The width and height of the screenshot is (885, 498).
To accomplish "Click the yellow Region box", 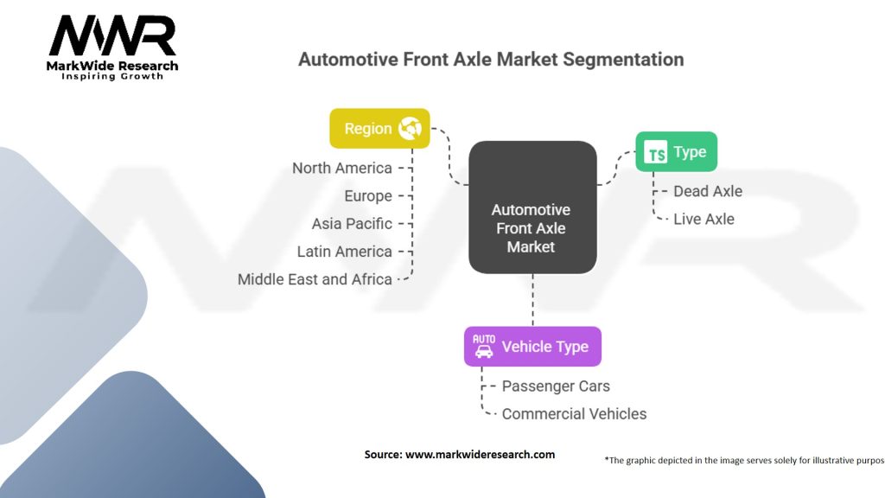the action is click(x=379, y=128).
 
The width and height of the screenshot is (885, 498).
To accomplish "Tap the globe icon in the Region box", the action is click(x=410, y=128).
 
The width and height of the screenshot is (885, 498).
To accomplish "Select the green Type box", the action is click(x=676, y=151).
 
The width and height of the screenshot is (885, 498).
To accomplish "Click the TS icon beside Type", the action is click(x=655, y=152).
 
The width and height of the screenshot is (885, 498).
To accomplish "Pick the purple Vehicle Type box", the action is click(x=532, y=346).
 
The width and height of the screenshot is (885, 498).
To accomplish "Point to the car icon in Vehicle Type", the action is click(x=484, y=346).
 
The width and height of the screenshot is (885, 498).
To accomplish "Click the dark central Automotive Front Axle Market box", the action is click(x=532, y=207).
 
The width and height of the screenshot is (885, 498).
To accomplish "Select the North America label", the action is click(x=342, y=168).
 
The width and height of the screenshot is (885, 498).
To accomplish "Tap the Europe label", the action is click(x=368, y=196).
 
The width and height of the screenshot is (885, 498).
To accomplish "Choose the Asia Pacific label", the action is click(x=352, y=224).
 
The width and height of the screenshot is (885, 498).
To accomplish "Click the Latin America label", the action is click(x=344, y=252).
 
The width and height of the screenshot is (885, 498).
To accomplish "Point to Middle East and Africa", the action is click(x=315, y=279).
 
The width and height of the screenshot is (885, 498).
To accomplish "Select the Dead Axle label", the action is click(x=708, y=191).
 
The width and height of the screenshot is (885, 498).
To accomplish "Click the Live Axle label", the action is click(x=704, y=219).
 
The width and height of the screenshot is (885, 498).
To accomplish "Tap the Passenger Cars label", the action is click(x=556, y=386).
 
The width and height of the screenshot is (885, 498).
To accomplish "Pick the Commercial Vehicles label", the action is click(x=574, y=414).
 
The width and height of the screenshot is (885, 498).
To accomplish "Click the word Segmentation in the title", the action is click(x=623, y=60).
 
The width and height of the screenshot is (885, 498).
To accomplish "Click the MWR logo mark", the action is click(x=112, y=35).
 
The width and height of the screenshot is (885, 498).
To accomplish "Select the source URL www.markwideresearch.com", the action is click(x=480, y=455).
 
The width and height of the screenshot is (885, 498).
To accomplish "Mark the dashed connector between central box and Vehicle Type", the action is click(x=532, y=300).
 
